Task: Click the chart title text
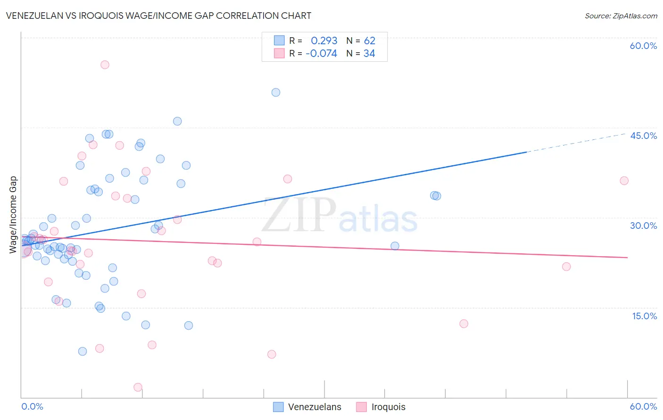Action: [158, 16]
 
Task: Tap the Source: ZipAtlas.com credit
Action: [621, 16]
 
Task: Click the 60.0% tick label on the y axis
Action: [643, 46]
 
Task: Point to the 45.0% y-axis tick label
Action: [643, 136]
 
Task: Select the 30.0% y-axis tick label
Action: [643, 226]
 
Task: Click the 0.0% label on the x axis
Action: [32, 406]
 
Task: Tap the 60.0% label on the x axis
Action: [643, 406]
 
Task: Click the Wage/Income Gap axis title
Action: [13, 215]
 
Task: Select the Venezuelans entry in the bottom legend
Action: [314, 407]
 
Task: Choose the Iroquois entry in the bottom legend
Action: [388, 407]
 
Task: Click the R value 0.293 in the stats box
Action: [324, 40]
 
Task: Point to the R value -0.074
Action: [321, 54]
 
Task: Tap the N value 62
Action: [369, 40]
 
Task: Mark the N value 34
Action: [369, 54]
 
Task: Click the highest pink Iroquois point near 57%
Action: [105, 65]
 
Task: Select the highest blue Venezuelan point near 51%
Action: [276, 92]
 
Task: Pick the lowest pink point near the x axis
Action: [138, 387]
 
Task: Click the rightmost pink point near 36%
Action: [624, 180]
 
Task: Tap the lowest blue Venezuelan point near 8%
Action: [83, 351]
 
